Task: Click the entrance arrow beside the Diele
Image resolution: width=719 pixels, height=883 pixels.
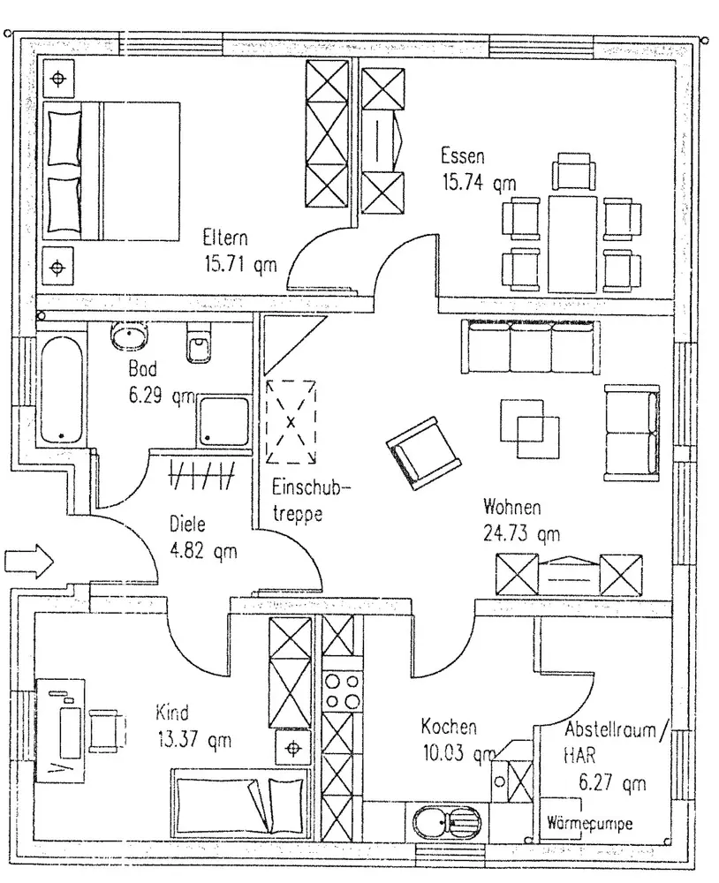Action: (x=29, y=560)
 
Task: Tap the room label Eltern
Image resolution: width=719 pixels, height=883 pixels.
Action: (x=224, y=238)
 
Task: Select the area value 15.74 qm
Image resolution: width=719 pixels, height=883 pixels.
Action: (x=478, y=184)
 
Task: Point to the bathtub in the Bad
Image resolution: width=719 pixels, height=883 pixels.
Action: (x=61, y=389)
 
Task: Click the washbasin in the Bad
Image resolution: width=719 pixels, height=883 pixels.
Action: (x=131, y=336)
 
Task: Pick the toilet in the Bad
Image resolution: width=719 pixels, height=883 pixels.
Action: (x=198, y=344)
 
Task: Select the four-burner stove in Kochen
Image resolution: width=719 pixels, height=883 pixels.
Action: (x=342, y=690)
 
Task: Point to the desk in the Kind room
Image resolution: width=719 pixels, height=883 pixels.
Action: (x=62, y=728)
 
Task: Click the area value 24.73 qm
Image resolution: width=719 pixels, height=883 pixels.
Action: (x=521, y=532)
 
